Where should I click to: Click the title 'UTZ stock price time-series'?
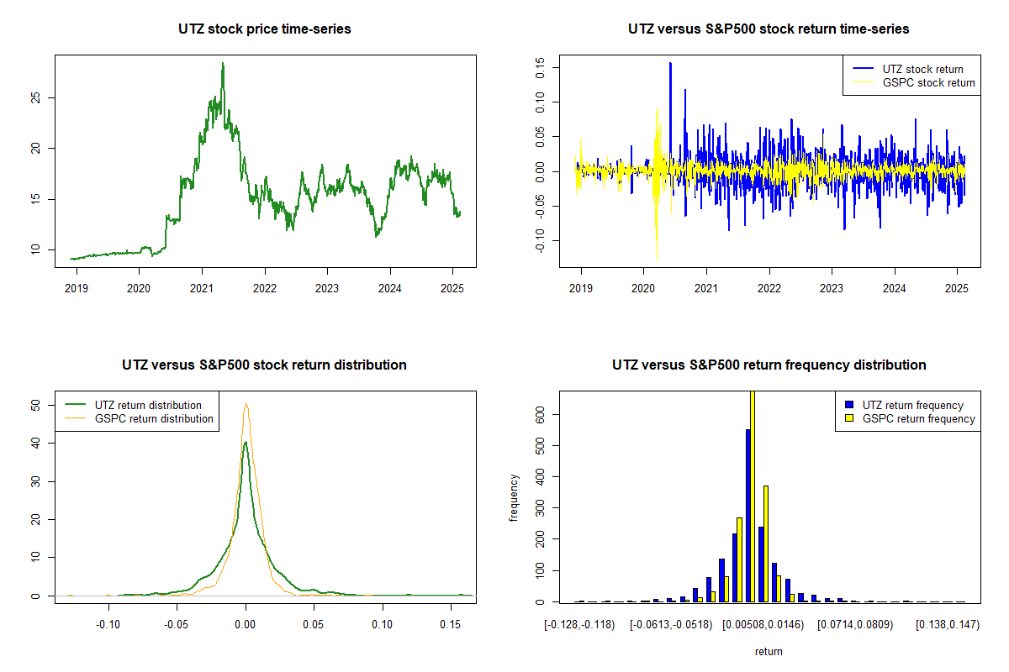pos(264,29)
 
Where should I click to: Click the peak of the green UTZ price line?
pos(223,64)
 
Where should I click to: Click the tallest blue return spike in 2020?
pos(670,64)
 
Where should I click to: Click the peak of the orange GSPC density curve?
pos(246,405)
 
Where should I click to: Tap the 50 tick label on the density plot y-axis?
pos(34,405)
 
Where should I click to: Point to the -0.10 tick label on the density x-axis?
pos(108,624)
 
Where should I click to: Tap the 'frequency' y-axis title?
pos(514,497)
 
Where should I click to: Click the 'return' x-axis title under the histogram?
pos(769,651)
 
